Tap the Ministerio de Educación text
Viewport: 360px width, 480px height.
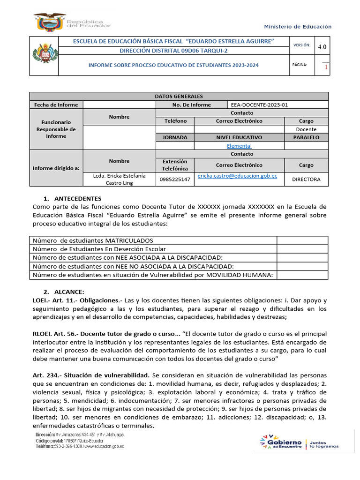(x=298, y=27)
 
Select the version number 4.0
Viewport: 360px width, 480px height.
(x=322, y=46)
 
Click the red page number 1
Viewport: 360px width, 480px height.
(x=326, y=67)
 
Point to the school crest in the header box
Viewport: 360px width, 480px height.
(x=44, y=56)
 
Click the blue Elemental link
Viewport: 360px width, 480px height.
(x=239, y=146)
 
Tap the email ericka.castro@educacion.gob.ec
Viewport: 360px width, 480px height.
(x=237, y=176)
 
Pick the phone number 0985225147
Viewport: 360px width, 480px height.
(x=175, y=179)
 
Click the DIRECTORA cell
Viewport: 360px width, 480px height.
(x=306, y=179)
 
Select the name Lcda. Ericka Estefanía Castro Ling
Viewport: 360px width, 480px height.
(x=119, y=179)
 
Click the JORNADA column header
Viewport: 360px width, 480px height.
(x=175, y=137)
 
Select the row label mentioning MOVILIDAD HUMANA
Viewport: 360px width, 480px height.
(x=152, y=275)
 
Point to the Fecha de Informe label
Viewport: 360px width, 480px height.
(x=56, y=105)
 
